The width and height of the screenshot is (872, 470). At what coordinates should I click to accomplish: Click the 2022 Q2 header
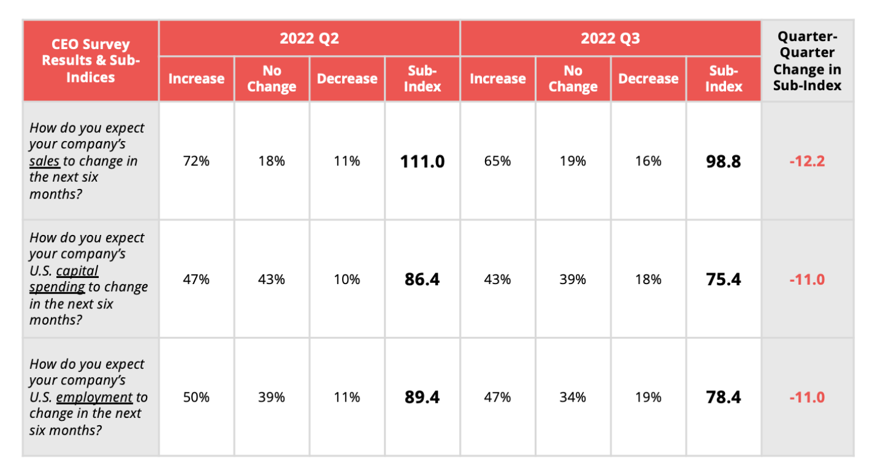(x=309, y=39)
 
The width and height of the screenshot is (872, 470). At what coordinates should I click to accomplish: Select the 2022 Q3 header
(x=610, y=39)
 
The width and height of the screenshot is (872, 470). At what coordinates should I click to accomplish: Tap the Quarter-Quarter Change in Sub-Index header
(x=807, y=61)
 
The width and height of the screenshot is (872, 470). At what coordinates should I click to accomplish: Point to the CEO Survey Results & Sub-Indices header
(x=91, y=61)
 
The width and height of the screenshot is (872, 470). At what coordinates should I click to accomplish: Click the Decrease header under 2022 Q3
(x=648, y=79)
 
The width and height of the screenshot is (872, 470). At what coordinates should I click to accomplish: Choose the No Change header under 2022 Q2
(x=271, y=79)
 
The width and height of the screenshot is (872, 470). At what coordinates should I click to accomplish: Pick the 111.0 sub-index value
(x=422, y=162)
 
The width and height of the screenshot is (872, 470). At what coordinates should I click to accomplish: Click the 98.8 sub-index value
(x=723, y=162)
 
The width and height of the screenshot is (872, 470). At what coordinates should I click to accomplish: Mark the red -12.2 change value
(x=807, y=162)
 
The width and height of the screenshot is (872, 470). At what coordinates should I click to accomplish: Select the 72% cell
(x=196, y=162)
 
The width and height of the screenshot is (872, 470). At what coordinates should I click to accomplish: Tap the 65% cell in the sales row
(x=497, y=162)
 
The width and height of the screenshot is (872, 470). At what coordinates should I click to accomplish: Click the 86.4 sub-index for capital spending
(x=422, y=280)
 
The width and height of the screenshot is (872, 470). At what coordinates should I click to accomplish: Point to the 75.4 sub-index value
(x=723, y=280)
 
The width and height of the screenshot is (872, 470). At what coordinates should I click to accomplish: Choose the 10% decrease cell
(x=347, y=280)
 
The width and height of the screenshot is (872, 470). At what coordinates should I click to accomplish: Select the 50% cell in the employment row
(x=196, y=397)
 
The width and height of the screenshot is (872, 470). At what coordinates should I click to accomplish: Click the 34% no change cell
(x=572, y=397)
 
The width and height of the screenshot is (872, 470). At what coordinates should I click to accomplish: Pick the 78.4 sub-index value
(x=723, y=397)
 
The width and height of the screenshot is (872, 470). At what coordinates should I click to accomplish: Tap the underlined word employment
(x=94, y=397)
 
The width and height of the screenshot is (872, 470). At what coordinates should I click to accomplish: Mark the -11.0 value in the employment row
(x=807, y=397)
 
